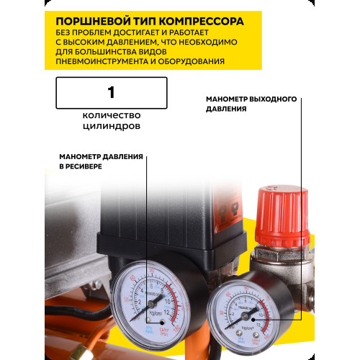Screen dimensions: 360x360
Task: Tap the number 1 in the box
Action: pos(111,92)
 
